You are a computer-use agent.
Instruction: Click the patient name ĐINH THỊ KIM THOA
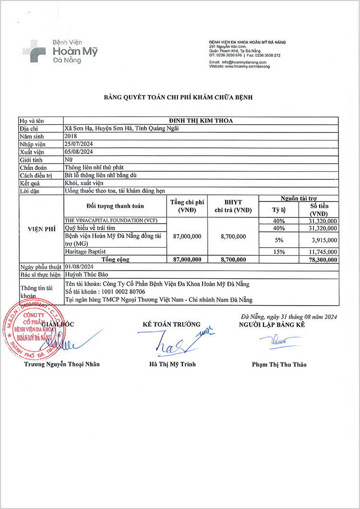click(x=201, y=120)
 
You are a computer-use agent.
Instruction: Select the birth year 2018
click(x=71, y=136)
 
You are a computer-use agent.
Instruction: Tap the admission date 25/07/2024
click(x=78, y=144)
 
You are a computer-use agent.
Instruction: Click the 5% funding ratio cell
click(x=278, y=240)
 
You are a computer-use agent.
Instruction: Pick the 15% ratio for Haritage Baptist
click(x=278, y=251)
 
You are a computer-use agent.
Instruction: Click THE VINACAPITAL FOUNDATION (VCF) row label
click(x=111, y=220)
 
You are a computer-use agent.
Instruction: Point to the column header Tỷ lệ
click(x=278, y=210)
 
